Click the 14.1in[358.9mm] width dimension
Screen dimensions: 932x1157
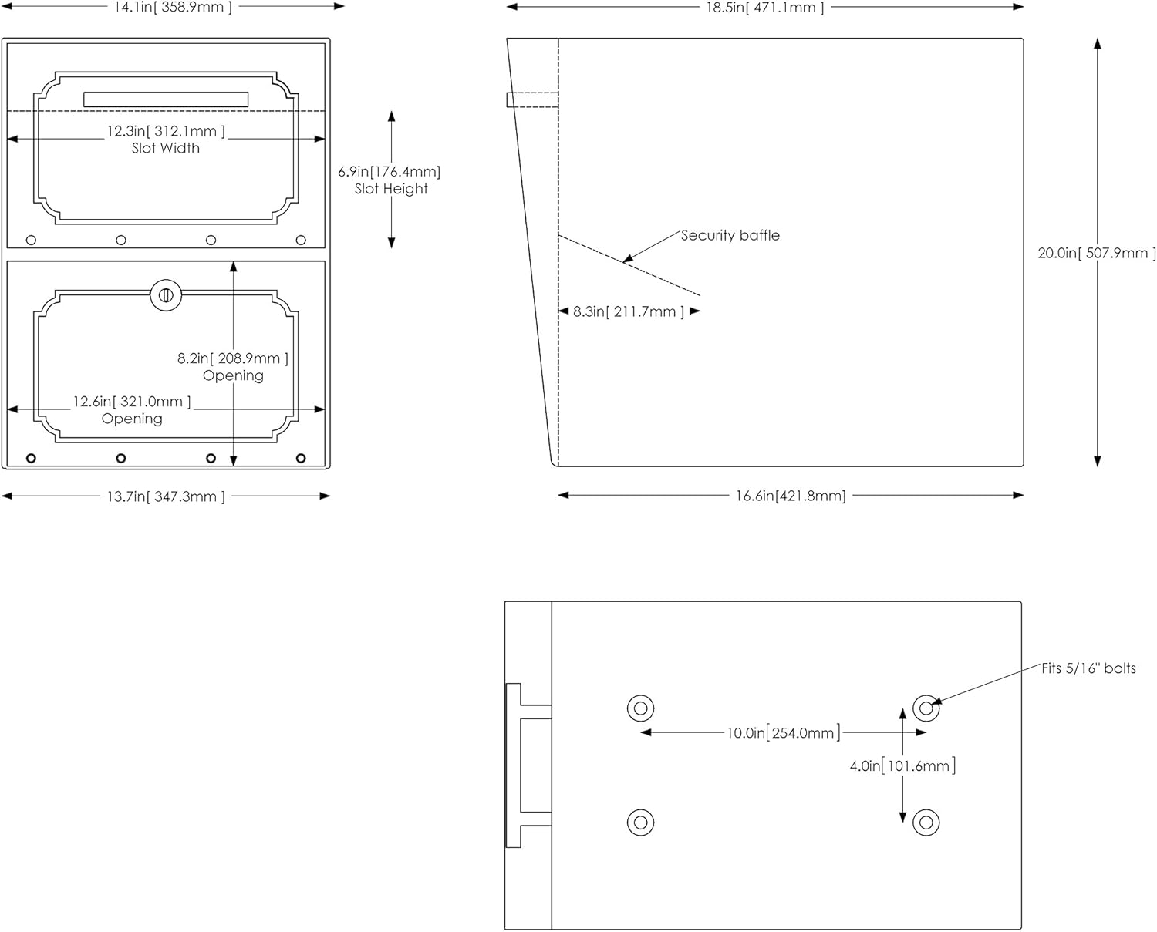tap(173, 8)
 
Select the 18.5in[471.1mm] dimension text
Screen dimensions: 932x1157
tap(764, 8)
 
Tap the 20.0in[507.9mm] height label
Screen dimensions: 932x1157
tap(1096, 253)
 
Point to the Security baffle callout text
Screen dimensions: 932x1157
tap(730, 235)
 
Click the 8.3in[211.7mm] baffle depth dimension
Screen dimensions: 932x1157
tap(629, 311)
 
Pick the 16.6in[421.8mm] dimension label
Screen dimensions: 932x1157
tap(790, 496)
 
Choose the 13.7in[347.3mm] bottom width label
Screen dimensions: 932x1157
tap(166, 496)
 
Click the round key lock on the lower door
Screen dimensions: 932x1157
tap(166, 295)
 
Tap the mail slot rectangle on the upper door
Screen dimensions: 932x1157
tap(166, 99)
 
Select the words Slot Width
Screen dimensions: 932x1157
tap(166, 148)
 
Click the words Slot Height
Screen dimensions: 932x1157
tap(391, 189)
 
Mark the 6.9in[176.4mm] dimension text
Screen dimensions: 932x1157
tap(390, 171)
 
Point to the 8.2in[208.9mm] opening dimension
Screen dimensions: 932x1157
tap(233, 358)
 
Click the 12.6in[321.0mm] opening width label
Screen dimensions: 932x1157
tap(132, 402)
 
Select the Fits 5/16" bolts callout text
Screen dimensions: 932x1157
tap(1088, 668)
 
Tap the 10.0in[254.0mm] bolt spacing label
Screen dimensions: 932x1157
tap(783, 733)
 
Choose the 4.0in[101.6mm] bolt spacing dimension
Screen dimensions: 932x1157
tap(902, 766)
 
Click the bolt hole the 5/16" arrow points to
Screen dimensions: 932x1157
tap(926, 708)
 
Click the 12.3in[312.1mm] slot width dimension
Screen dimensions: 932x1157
tap(166, 131)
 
